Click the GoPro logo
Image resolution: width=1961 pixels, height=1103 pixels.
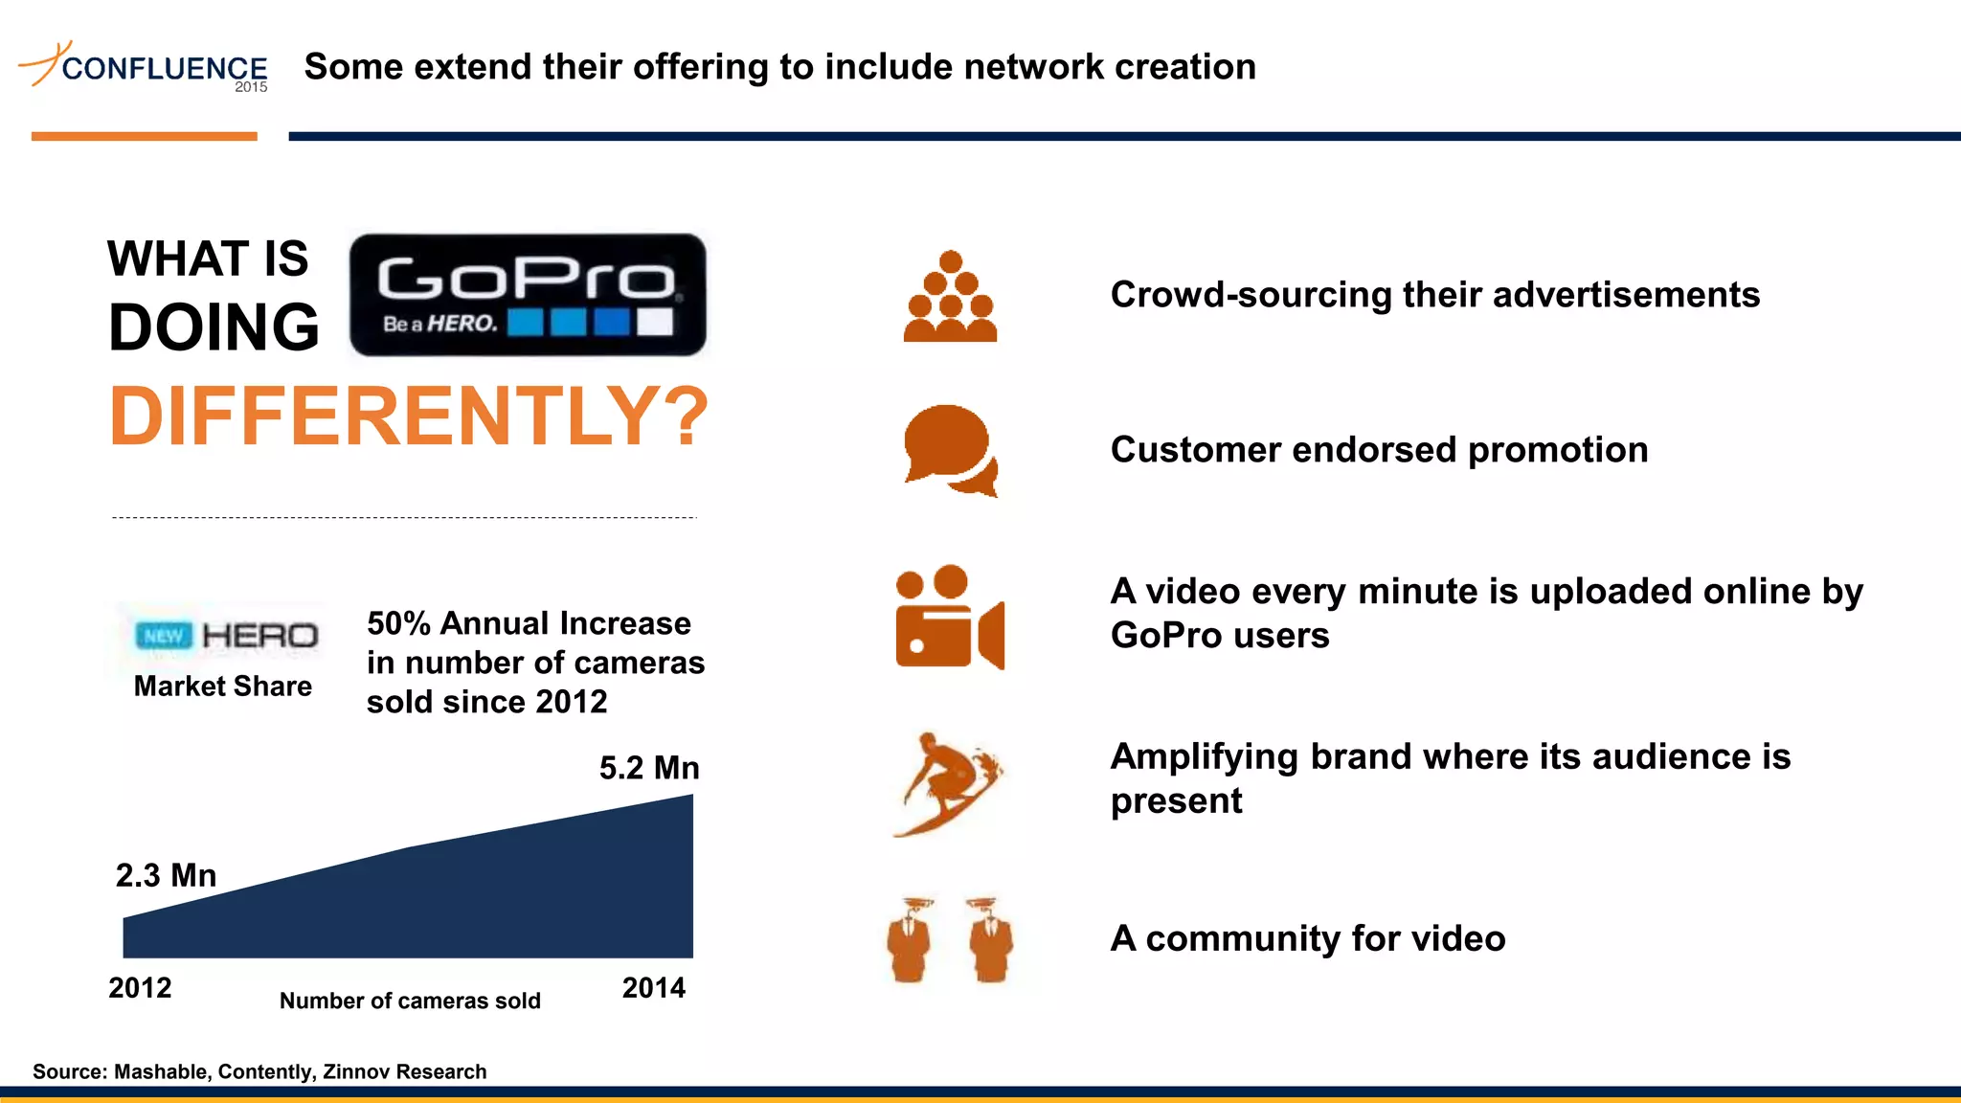pyautogui.click(x=528, y=295)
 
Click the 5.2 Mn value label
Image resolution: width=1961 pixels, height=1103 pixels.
pyautogui.click(x=649, y=768)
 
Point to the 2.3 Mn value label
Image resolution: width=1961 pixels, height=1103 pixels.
pyautogui.click(x=166, y=875)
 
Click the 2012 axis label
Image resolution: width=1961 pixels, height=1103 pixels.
pyautogui.click(x=140, y=987)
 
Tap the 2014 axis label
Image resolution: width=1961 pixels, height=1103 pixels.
pyautogui.click(x=654, y=987)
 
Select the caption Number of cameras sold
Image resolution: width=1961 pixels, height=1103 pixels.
pyautogui.click(x=410, y=1001)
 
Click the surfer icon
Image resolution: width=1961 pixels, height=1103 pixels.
pyautogui.click(x=947, y=784)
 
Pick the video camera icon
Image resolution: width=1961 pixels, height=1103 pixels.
pyautogui.click(x=949, y=618)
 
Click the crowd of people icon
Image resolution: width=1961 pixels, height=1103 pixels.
pyautogui.click(x=950, y=297)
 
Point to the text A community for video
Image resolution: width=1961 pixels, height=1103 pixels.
pyautogui.click(x=1307, y=938)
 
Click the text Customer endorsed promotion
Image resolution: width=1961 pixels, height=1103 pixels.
pyautogui.click(x=1379, y=450)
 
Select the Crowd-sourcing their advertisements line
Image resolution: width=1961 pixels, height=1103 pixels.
pyautogui.click(x=1434, y=295)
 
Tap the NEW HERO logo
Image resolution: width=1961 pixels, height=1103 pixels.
pyautogui.click(x=227, y=636)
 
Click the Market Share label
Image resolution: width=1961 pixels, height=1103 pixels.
pyautogui.click(x=222, y=686)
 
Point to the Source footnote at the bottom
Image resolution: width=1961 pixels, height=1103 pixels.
pyautogui.click(x=259, y=1071)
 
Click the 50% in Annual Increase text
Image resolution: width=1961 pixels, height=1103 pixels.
pyautogui.click(x=398, y=623)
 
